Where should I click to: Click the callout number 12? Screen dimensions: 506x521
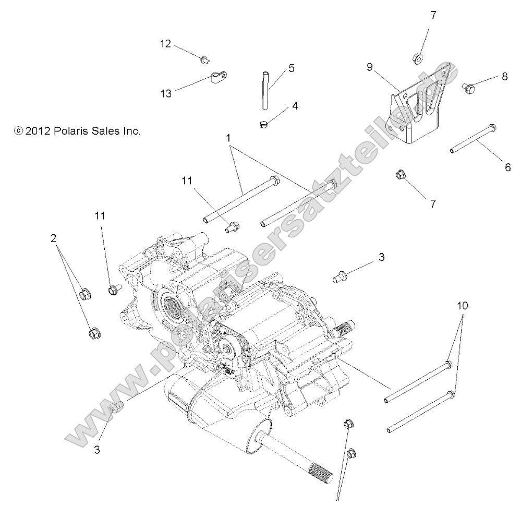[165, 44]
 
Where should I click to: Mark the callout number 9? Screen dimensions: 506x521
[369, 67]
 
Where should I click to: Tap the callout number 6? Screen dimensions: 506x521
[507, 167]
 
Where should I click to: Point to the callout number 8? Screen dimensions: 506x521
[504, 76]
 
